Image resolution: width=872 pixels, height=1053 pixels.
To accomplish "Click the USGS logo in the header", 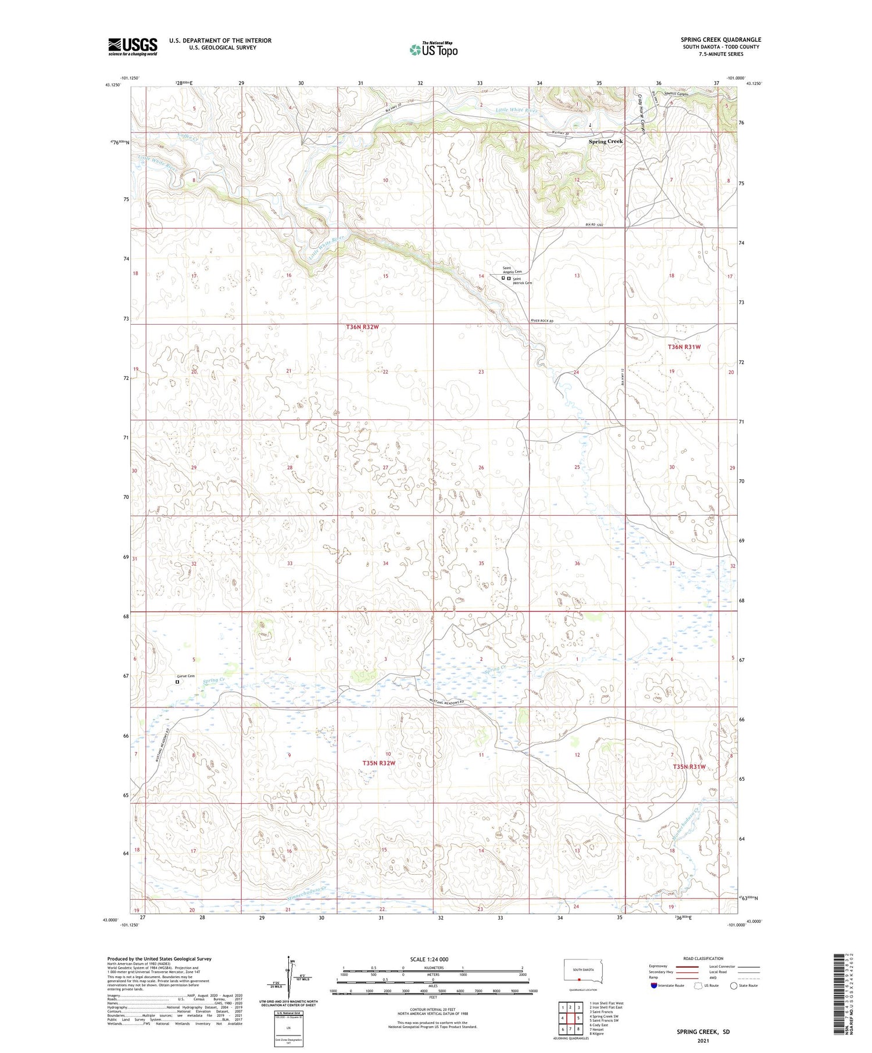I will [133, 46].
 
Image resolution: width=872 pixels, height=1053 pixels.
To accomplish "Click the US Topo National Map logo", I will [434, 49].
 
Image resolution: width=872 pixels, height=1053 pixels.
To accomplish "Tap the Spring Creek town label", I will [605, 141].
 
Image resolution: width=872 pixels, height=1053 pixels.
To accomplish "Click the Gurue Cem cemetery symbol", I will [177, 682].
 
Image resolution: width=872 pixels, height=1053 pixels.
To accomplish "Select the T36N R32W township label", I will [362, 327].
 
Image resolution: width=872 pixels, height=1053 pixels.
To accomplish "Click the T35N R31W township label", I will [689, 767].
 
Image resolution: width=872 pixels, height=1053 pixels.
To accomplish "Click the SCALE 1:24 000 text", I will [433, 959].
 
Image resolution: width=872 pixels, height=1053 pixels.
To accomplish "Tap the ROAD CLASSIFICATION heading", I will [703, 958].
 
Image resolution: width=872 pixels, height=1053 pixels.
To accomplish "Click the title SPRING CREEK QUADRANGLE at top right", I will [721, 39].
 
